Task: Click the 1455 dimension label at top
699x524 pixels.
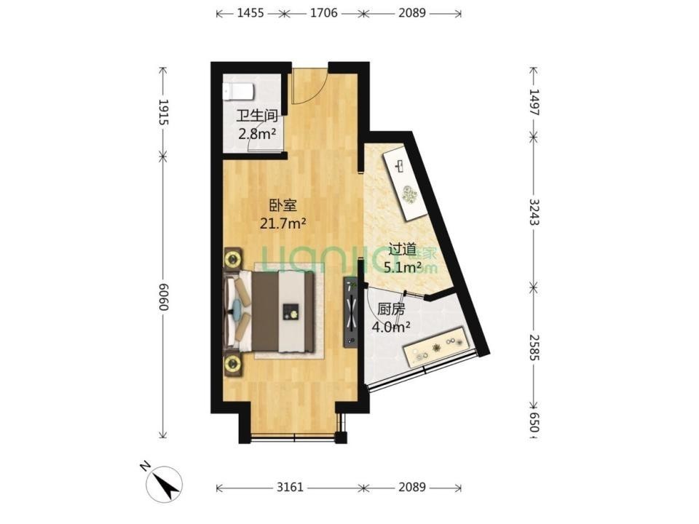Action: (x=250, y=13)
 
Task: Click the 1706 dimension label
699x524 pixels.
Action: (x=323, y=13)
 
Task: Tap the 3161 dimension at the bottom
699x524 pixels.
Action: (x=290, y=487)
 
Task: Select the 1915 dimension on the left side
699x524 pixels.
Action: (x=164, y=112)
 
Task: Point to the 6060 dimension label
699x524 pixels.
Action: (x=164, y=297)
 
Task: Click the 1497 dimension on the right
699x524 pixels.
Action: (x=534, y=102)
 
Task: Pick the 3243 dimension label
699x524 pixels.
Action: (x=534, y=211)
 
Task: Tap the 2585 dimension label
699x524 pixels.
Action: (x=534, y=346)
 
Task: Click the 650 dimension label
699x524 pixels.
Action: (x=534, y=421)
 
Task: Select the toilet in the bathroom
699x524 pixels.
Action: (x=239, y=92)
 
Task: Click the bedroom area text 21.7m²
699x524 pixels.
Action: (x=283, y=223)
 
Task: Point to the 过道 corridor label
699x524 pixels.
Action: (x=403, y=250)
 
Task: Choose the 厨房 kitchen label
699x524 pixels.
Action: (x=391, y=309)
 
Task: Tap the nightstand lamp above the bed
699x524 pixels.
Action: (x=233, y=258)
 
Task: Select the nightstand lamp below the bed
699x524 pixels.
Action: (x=233, y=365)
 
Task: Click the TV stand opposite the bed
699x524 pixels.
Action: (x=350, y=312)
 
